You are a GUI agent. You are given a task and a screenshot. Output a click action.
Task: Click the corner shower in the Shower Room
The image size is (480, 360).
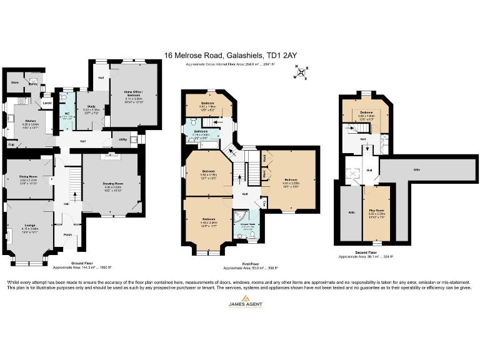click(x=239, y=217)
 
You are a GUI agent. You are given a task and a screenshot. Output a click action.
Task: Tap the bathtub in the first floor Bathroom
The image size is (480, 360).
click(x=203, y=143)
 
